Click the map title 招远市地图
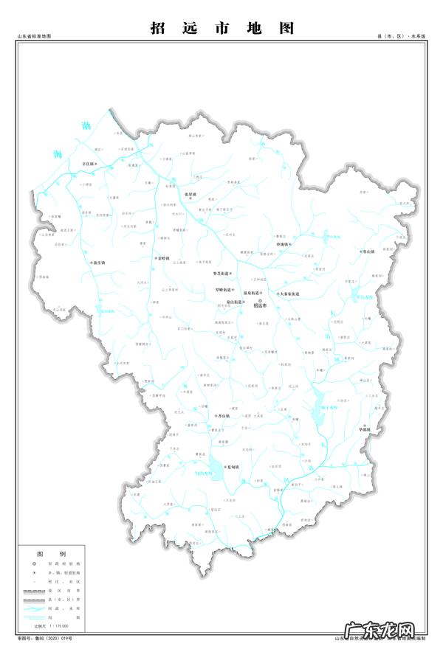pyautogui.click(x=221, y=28)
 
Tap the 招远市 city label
pyautogui.click(x=260, y=305)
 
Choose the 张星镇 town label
pyautogui.click(x=190, y=195)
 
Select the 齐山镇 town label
pyautogui.click(x=221, y=416)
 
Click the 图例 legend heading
pyautogui.click(x=52, y=553)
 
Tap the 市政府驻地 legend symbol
pyautogui.click(x=34, y=564)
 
